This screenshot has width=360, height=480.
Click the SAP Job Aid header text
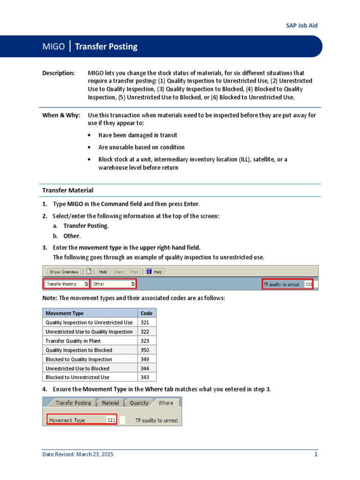302,25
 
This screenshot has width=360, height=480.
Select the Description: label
58,73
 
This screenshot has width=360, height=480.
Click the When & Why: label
61,115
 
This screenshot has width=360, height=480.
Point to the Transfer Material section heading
67,190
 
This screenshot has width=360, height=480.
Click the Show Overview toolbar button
64,272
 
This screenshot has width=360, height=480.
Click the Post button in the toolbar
134,272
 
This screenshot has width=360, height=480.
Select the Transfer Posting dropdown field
67,284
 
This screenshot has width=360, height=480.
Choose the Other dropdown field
113,284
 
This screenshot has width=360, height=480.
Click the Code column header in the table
147,313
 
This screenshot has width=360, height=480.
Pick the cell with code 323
147,341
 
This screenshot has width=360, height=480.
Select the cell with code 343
147,377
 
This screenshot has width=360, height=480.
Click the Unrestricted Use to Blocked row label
77,368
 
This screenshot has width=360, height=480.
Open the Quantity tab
139,403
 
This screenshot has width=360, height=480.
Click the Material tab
111,403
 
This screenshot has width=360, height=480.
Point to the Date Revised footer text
78,454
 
